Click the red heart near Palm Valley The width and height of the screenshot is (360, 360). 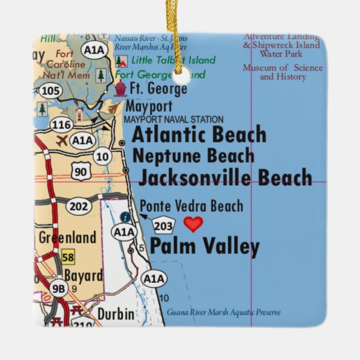click(193, 224)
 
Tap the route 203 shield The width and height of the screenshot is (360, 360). click(164, 225)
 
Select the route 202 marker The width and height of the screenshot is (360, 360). click(79, 207)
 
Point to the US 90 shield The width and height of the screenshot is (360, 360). click(81, 171)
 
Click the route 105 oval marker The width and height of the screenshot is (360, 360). click(51, 90)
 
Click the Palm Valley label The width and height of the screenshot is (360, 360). click(205, 247)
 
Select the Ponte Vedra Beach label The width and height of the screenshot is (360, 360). click(191, 206)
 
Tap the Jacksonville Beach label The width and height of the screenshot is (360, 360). click(225, 178)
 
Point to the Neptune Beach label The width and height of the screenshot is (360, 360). click(193, 156)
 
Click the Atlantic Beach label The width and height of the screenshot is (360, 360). click(198, 135)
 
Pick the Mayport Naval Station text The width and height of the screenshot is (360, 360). click(173, 120)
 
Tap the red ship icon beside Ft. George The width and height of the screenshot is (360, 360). click(120, 88)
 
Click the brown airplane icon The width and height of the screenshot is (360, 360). click(61, 140)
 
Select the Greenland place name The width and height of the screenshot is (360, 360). click(67, 238)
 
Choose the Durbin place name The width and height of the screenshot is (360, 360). click(116, 314)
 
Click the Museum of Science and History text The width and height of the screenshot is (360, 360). click(282, 72)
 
